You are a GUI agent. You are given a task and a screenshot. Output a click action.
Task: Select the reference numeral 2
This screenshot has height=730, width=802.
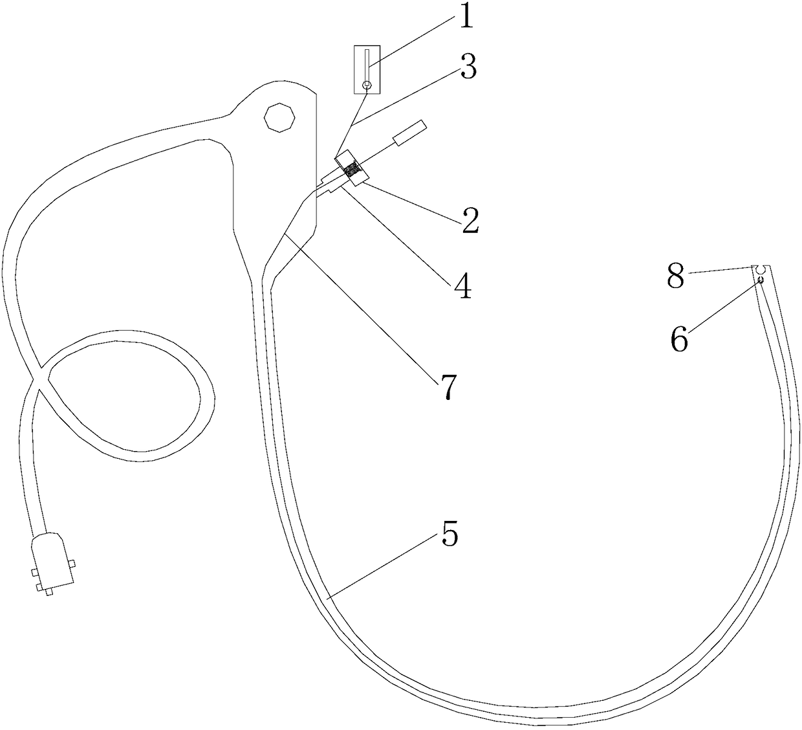(469, 221)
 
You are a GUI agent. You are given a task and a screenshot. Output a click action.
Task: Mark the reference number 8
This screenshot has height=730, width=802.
(676, 278)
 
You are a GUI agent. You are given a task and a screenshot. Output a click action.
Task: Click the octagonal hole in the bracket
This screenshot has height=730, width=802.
(279, 117)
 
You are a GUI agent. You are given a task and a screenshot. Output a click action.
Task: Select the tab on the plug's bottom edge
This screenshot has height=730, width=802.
(49, 590)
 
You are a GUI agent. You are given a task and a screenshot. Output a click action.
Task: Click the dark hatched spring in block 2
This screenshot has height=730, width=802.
(352, 170)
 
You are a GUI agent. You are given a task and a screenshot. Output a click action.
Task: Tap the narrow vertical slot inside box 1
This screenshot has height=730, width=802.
(367, 65)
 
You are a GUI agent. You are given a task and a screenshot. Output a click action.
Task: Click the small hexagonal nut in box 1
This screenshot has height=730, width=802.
(367, 85)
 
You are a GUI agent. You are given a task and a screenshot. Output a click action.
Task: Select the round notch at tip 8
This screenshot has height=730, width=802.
(761, 269)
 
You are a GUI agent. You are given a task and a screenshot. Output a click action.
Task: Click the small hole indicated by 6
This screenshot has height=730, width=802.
(761, 280)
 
